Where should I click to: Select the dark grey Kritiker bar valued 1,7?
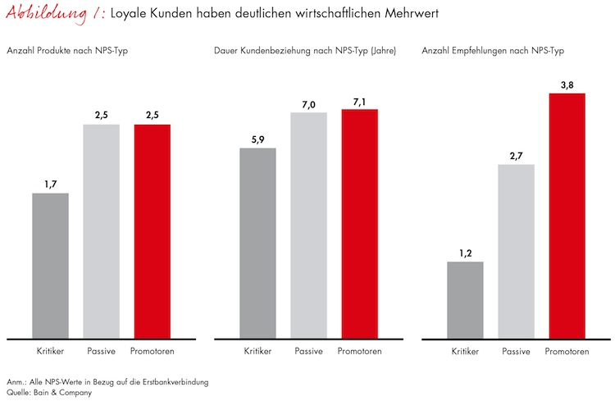coord(50,265)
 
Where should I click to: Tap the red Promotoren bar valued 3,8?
coord(567,215)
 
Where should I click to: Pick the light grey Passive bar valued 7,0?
coord(309,225)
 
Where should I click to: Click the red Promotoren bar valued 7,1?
coord(359,223)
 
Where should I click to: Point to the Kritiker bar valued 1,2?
coord(465,299)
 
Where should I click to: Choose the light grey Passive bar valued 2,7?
coord(516,251)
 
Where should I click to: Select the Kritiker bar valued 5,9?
coord(258,242)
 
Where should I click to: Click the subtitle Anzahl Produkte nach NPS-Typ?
coord(67,51)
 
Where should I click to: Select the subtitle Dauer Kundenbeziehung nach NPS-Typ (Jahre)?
coord(305,51)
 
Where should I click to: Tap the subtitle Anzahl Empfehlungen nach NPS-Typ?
coord(492,51)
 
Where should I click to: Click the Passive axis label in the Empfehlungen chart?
coord(516,352)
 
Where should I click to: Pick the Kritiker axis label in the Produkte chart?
coord(50,352)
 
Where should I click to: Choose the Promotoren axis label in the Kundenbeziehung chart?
coord(359,352)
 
